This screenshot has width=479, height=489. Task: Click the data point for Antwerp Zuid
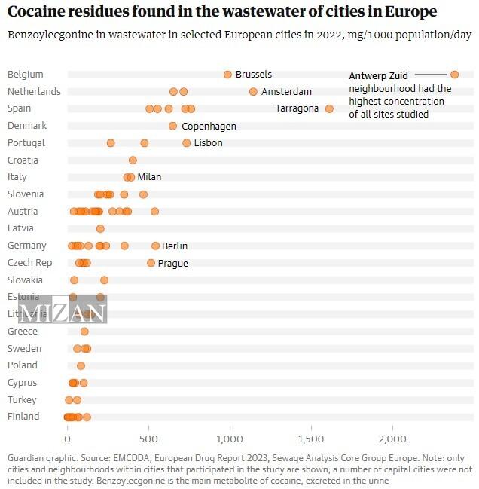[x=454, y=74]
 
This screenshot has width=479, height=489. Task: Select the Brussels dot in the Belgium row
[x=227, y=75]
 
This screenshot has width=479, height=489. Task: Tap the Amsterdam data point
[x=253, y=92]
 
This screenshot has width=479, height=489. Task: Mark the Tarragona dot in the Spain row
[x=329, y=108]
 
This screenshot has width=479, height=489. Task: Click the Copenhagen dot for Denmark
[x=173, y=126]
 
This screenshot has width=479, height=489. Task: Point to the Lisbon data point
[x=187, y=143]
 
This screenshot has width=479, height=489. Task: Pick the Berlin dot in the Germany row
[x=155, y=246]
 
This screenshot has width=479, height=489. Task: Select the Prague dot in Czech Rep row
[x=151, y=263]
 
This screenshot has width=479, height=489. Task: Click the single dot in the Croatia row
[x=133, y=160]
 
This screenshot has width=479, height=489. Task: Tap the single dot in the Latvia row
[x=100, y=228]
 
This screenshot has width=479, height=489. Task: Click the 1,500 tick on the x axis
[x=311, y=439]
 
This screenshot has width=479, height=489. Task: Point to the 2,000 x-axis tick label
[x=392, y=439]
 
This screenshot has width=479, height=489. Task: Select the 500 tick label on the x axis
[x=149, y=439]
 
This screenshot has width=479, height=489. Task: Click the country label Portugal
[x=26, y=143]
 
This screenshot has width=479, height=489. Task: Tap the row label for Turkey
[x=22, y=399]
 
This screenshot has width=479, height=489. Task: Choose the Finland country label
[x=23, y=417]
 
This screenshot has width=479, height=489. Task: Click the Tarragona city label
[x=297, y=108]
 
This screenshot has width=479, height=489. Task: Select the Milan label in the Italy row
[x=149, y=177]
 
